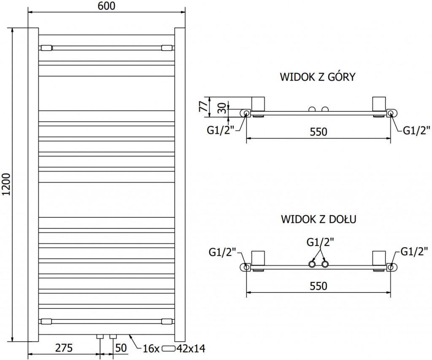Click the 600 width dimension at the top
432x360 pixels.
(x=106, y=5)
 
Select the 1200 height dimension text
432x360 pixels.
(x=5, y=186)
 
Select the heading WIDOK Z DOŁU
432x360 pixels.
(x=319, y=219)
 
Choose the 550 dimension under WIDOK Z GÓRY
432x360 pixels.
(x=319, y=132)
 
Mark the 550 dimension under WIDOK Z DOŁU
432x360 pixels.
(x=319, y=286)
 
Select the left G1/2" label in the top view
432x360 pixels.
(x=220, y=130)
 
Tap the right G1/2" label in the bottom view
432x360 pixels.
(x=415, y=252)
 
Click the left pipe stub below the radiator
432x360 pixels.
(x=100, y=337)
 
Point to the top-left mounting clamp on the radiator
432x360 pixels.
(x=46, y=47)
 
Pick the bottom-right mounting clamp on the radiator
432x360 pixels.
(x=167, y=321)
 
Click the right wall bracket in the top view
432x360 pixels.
(x=378, y=104)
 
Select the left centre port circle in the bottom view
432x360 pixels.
(x=312, y=265)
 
